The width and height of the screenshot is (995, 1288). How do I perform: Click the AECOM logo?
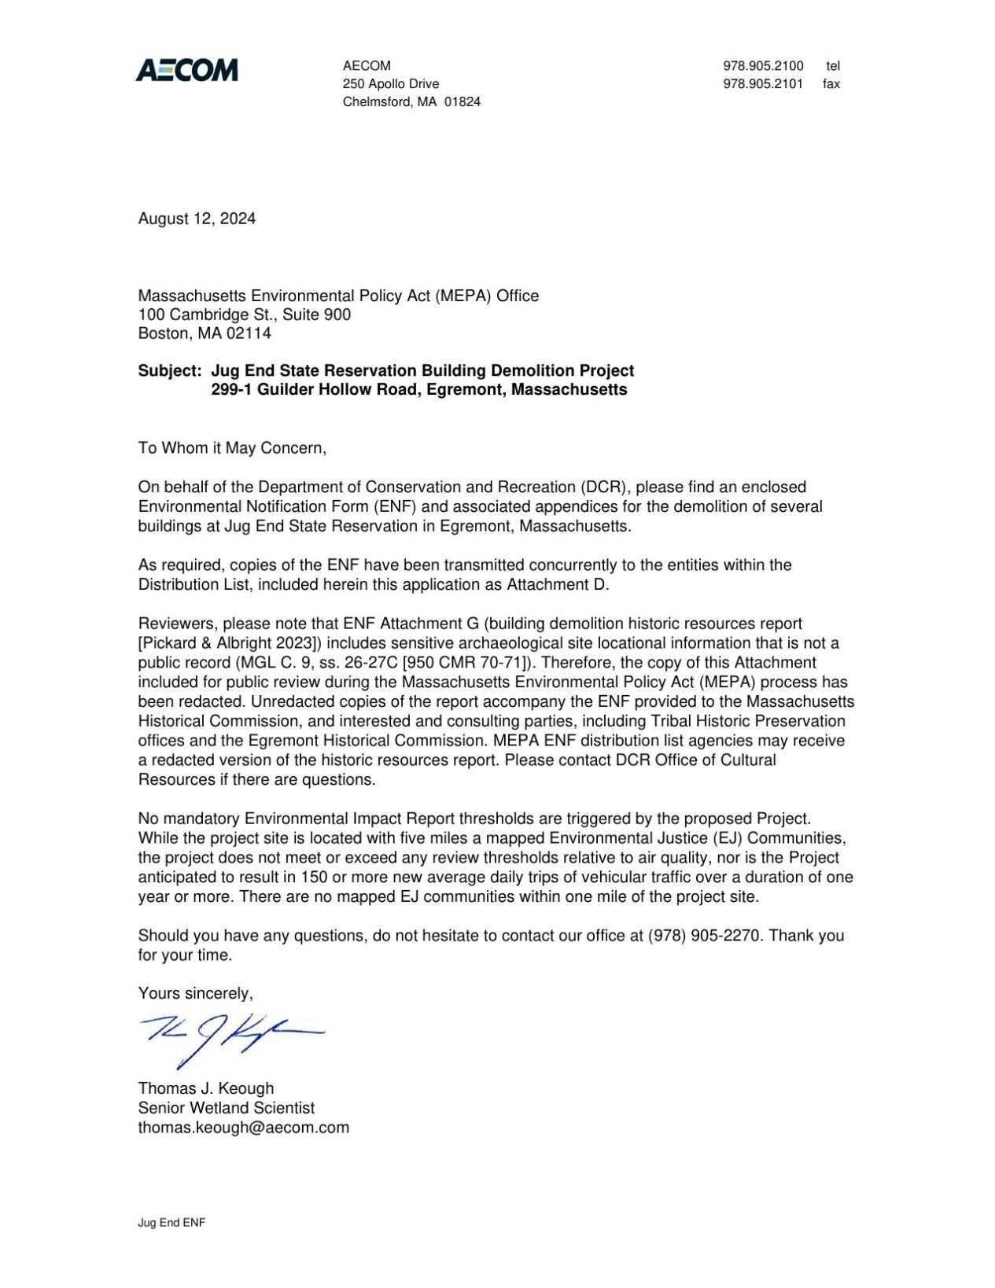186,71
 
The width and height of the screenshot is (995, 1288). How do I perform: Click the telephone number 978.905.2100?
762,66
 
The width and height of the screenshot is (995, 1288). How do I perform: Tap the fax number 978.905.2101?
762,84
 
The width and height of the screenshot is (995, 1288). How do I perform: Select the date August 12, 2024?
197,219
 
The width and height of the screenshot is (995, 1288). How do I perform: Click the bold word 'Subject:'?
170,370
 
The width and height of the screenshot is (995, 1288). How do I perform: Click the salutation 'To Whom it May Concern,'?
232,448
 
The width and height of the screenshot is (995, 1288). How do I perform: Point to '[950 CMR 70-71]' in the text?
467,663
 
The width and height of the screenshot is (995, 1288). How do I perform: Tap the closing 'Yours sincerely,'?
195,994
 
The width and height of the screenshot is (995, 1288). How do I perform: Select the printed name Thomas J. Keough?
206,1088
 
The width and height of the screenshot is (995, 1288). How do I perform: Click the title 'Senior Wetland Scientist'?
226,1108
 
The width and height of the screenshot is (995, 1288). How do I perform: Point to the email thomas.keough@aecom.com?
243,1128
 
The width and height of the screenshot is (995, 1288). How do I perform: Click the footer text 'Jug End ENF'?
171,1223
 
